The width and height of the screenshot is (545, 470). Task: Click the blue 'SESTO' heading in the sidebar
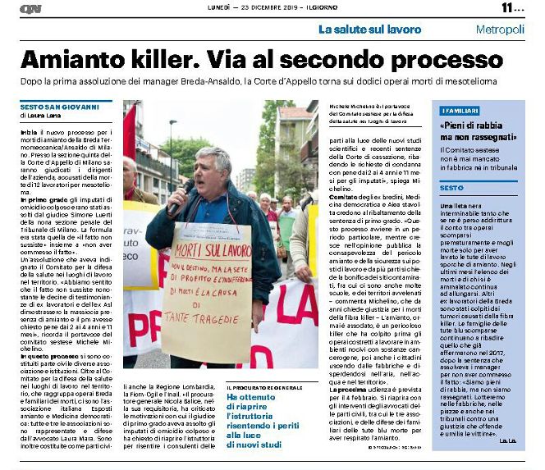(x=451, y=188)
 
